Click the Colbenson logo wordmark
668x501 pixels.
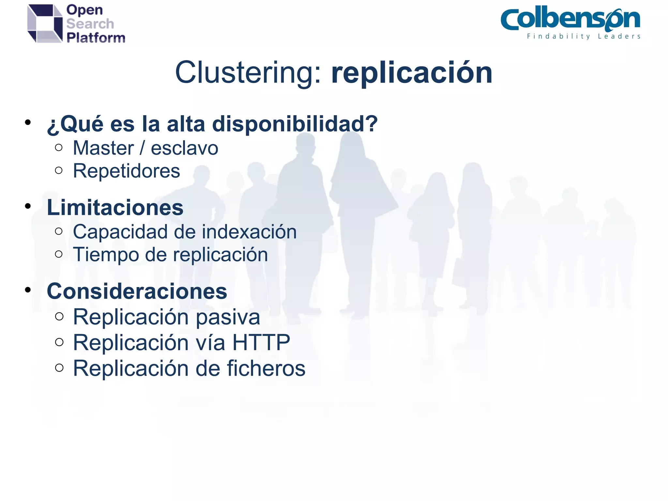point(570,20)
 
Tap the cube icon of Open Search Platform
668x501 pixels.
point(45,23)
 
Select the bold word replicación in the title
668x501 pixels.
point(412,73)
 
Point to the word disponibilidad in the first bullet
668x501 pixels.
point(295,124)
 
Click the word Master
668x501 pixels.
point(103,148)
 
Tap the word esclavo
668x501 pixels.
point(185,148)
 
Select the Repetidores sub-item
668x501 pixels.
point(126,171)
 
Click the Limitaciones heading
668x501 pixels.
point(115,207)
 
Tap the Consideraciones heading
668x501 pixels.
point(137,291)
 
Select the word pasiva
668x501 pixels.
point(228,317)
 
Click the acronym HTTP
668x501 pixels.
point(261,342)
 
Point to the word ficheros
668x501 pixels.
point(266,368)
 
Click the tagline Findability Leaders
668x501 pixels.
point(584,36)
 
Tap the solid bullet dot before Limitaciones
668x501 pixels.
point(28,206)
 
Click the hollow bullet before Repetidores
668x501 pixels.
point(59,170)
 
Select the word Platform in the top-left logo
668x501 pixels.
point(96,38)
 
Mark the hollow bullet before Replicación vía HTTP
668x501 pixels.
point(59,342)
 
